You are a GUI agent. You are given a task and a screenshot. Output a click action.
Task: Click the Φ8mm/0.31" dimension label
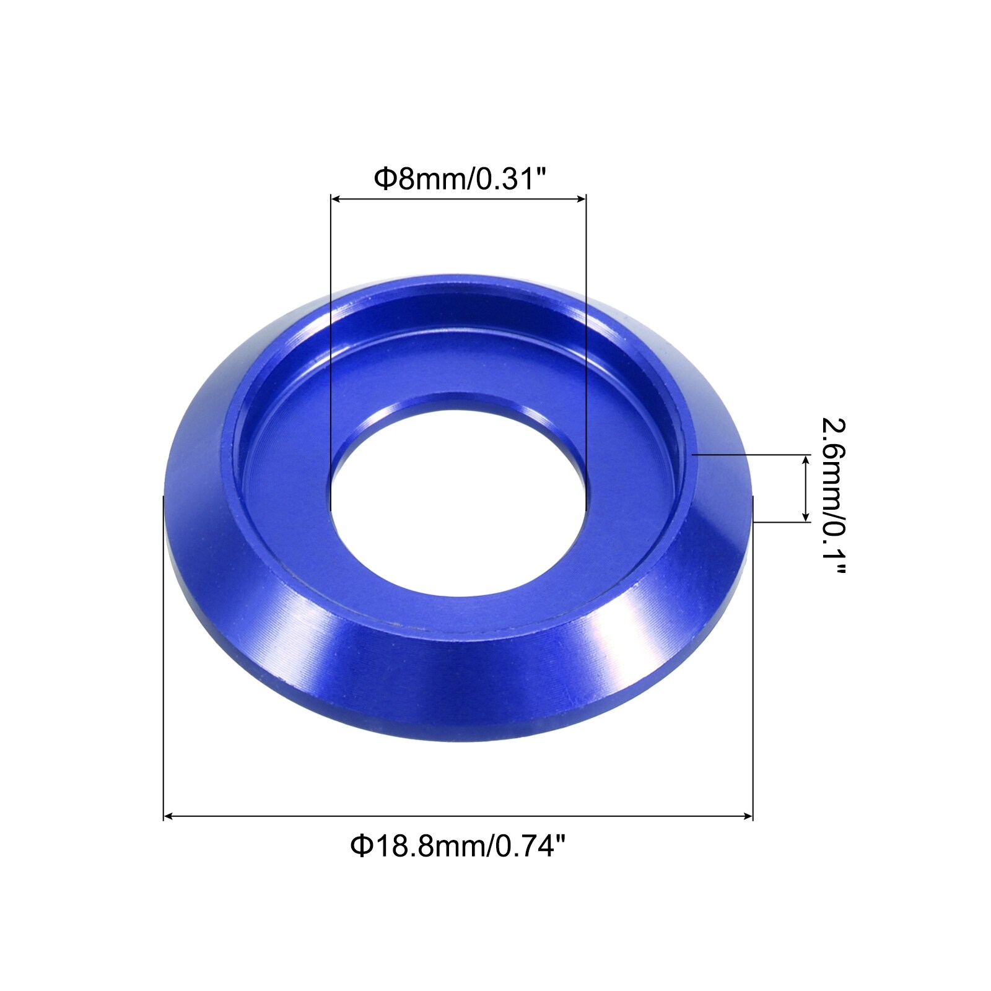click(x=461, y=179)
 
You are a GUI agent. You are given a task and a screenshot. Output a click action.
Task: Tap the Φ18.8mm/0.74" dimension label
click(x=458, y=845)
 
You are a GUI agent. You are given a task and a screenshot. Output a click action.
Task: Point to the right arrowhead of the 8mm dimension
click(x=581, y=199)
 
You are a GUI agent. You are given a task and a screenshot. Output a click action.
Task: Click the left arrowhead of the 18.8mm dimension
click(x=168, y=817)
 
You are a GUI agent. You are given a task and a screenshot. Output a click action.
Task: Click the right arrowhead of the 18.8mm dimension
click(x=748, y=817)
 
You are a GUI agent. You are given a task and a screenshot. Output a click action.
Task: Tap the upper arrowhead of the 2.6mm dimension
click(x=806, y=460)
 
